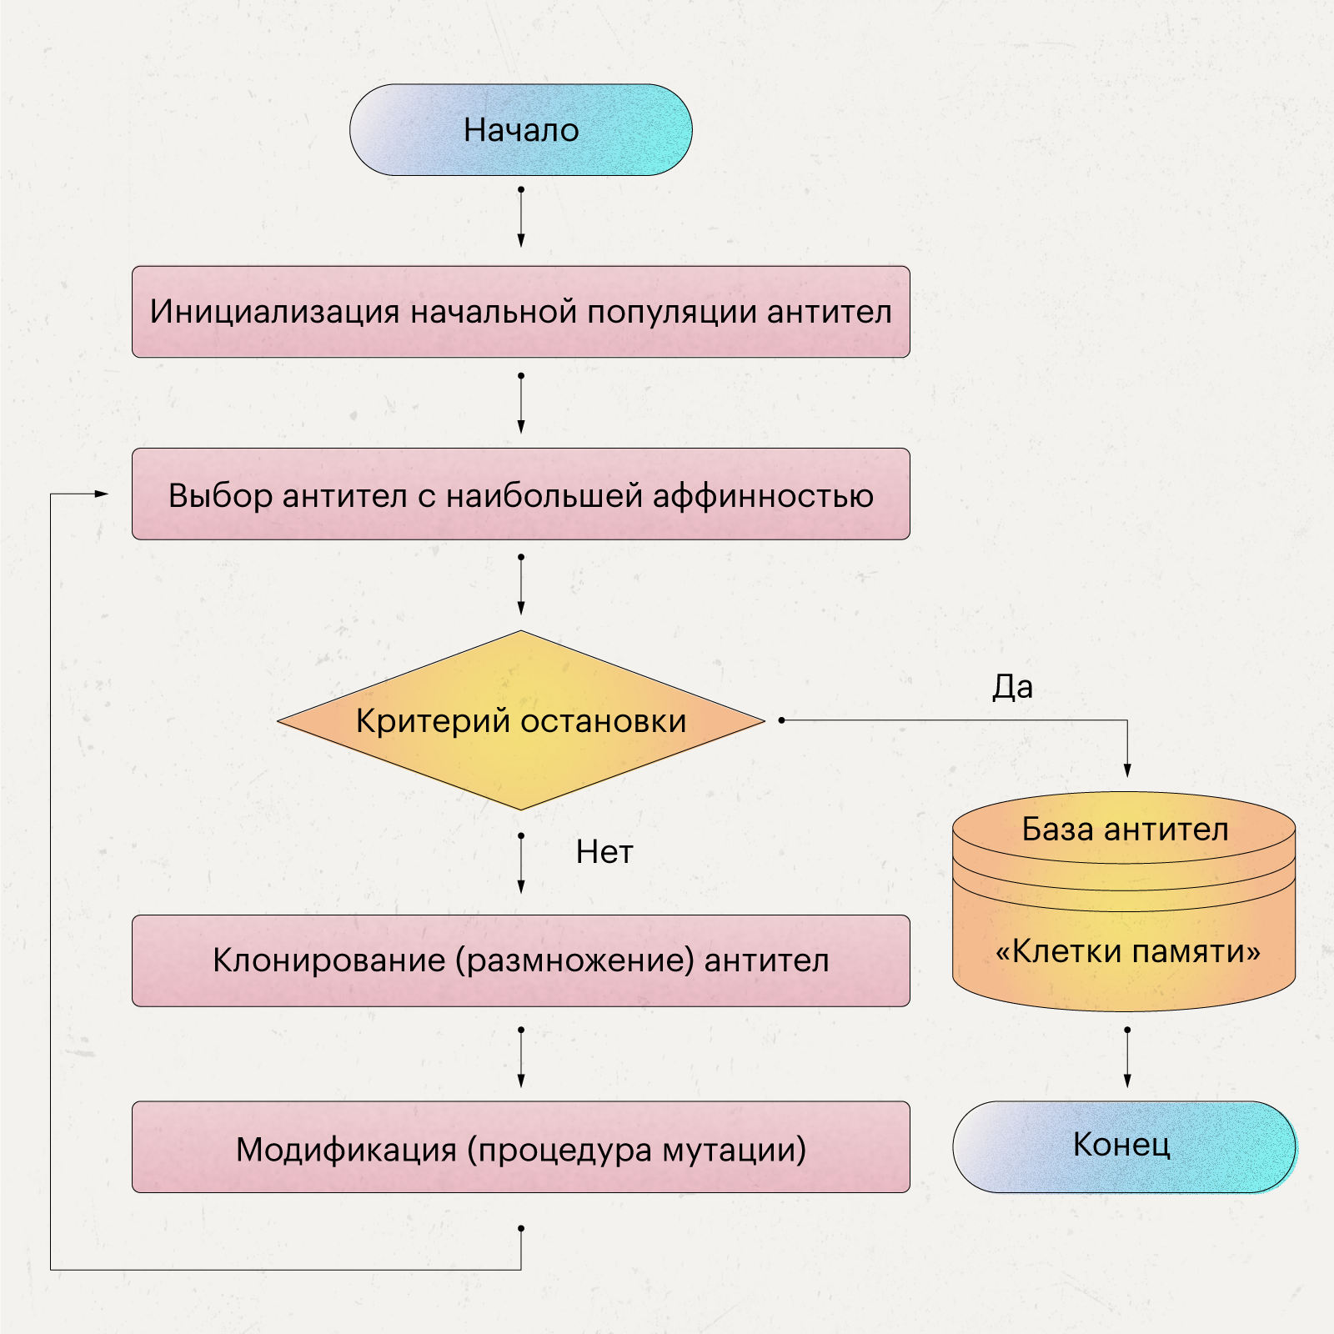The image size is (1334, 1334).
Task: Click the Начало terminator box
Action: [x=520, y=130]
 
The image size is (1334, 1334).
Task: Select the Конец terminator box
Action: [x=1123, y=1146]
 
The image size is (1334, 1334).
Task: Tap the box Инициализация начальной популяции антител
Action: [x=520, y=312]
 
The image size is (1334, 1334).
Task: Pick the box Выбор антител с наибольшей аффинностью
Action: [x=520, y=494]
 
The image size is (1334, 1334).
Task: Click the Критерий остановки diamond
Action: [x=520, y=720]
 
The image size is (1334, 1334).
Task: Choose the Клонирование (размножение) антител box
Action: [x=520, y=960]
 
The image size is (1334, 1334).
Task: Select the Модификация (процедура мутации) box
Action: [x=520, y=1147]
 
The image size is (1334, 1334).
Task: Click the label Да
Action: [x=1012, y=687]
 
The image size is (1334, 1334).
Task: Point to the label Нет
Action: [x=604, y=852]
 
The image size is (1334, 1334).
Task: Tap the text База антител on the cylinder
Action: [x=1125, y=830]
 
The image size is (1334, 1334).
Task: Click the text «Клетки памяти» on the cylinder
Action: [x=1127, y=951]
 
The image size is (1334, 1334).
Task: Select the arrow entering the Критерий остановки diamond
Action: [x=521, y=585]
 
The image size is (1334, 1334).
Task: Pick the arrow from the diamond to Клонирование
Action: [x=521, y=865]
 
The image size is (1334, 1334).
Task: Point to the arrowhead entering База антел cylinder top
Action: [x=1127, y=771]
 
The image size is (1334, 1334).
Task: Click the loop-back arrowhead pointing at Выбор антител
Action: [x=102, y=494]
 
